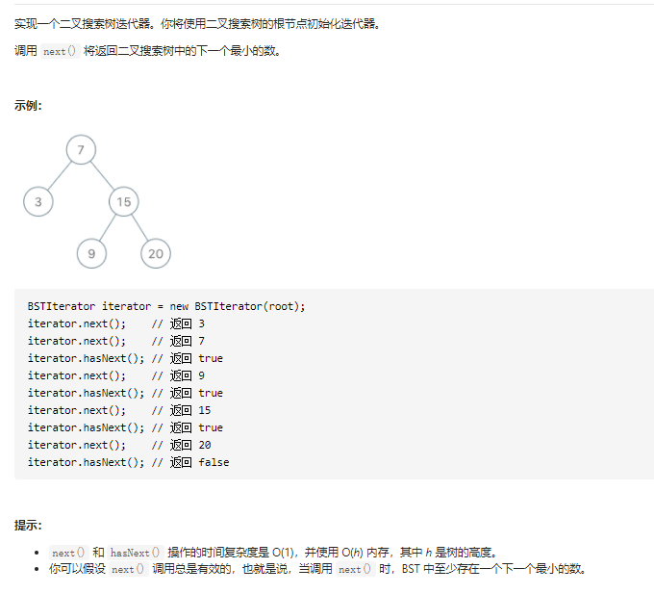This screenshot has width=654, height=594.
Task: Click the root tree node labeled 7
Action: (x=81, y=149)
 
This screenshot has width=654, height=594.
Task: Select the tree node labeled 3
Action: (x=38, y=201)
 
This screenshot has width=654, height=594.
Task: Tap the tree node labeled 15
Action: (x=123, y=201)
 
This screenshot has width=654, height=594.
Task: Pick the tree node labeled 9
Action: (x=91, y=253)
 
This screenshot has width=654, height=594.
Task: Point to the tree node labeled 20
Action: (x=155, y=253)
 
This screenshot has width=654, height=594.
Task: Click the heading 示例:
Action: (x=28, y=106)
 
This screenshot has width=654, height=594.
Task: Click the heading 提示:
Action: (x=28, y=525)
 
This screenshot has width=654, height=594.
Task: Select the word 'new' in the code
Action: (x=180, y=306)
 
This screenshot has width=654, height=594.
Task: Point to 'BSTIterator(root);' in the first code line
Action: (x=249, y=306)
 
